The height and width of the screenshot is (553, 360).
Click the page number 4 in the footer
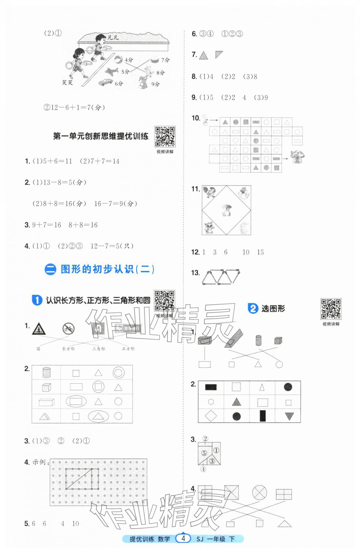tap(183, 538)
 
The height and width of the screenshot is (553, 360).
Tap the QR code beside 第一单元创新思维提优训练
tap(165, 136)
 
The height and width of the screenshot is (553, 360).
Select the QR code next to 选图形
tap(331, 309)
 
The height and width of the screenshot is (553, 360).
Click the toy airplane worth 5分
tap(111, 71)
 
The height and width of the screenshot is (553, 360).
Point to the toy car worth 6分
tap(106, 82)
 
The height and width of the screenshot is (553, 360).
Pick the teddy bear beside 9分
tap(143, 82)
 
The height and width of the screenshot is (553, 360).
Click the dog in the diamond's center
tap(226, 210)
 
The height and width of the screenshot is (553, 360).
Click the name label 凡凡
tap(113, 37)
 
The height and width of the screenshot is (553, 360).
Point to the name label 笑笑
tap(67, 82)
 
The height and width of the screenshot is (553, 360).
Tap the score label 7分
tap(165, 60)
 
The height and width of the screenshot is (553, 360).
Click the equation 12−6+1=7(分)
tap(74, 107)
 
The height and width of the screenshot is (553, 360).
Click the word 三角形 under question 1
tap(98, 349)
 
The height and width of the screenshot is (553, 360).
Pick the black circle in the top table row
tap(288, 387)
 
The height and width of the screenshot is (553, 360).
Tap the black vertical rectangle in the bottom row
tap(262, 416)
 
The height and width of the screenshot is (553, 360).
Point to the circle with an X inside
tap(259, 492)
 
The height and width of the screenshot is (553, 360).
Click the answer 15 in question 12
tap(260, 252)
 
